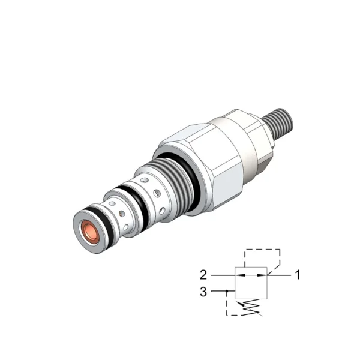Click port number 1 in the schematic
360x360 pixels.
[x=298, y=275]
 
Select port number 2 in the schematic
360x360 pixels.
[x=203, y=275]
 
